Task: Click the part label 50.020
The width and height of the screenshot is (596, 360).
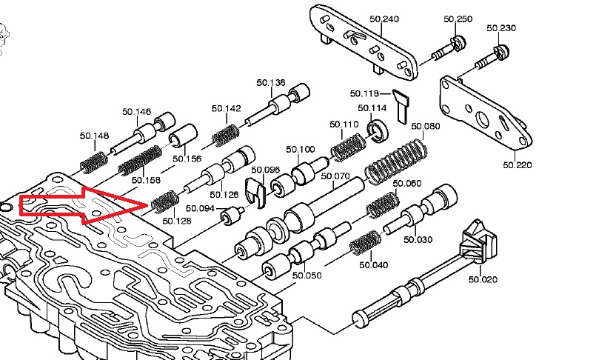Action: [x=483, y=279]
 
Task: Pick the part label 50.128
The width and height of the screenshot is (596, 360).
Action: [x=175, y=221]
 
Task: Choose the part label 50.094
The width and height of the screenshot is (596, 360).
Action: [x=200, y=208]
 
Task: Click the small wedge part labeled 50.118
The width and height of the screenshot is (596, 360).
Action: [x=401, y=104]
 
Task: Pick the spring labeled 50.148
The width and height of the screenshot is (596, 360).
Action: [x=94, y=159]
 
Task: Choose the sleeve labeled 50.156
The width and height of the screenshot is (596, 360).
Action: [x=179, y=139]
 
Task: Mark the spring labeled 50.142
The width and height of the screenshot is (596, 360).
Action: [x=225, y=134]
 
